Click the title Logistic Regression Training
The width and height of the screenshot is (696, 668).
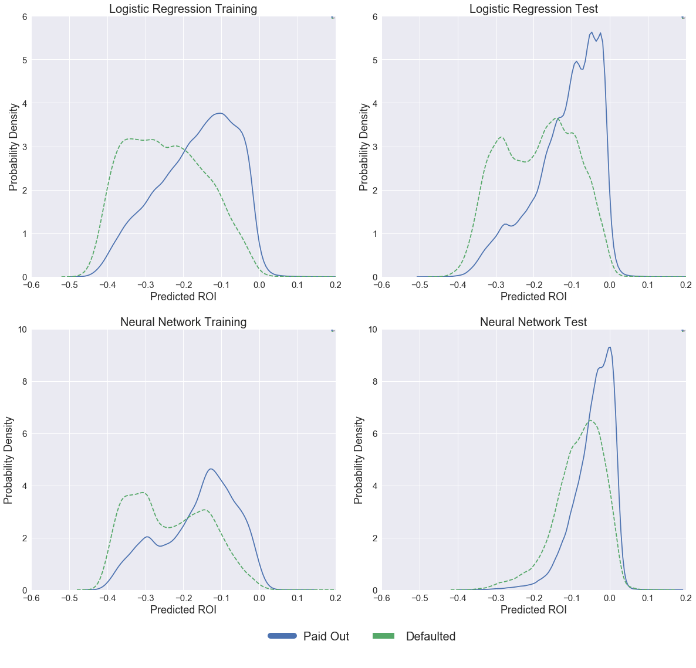coord(183,9)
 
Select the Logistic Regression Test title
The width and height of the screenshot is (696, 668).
coord(533,9)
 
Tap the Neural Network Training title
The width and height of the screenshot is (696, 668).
coord(183,322)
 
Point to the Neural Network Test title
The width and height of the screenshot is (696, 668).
coord(533,322)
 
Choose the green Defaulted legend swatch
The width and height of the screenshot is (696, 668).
coord(383,636)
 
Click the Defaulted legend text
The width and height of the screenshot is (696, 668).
coord(430,636)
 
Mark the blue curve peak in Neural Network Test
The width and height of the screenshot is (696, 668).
coord(610,347)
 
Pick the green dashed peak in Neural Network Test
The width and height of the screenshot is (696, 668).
coord(590,421)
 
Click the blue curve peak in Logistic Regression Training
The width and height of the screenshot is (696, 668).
coord(219,113)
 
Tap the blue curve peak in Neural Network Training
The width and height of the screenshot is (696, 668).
coord(211,469)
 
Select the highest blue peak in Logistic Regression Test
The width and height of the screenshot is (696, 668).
coord(592,32)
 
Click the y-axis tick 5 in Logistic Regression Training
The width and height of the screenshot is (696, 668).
coord(25,60)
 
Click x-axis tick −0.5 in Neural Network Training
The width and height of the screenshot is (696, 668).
coord(69,598)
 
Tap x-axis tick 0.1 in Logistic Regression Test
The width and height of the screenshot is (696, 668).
coord(647,285)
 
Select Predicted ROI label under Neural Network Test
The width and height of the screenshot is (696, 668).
coord(533,610)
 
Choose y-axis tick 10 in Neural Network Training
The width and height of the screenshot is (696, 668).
coord(22,330)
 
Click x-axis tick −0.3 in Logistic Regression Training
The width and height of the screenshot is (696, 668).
coord(145,285)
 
